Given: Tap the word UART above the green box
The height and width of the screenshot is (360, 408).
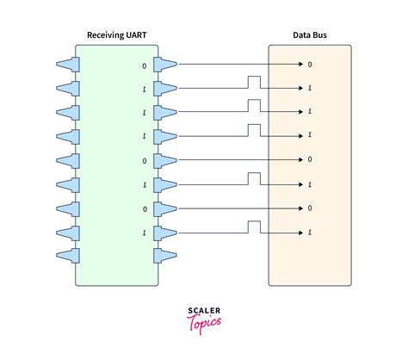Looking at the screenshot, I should coord(139,35).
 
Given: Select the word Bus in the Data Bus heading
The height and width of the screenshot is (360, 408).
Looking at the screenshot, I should coord(320,35).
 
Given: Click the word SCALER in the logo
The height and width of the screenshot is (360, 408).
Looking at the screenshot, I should coord(203,310).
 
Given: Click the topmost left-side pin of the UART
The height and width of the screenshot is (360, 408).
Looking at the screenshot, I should coord(68,63).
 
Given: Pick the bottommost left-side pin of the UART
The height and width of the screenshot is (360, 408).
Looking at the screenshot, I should coord(68,256).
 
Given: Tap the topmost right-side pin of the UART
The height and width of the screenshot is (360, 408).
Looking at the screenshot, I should coord(166,63).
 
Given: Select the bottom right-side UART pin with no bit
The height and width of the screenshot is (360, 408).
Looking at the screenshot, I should coord(166,256).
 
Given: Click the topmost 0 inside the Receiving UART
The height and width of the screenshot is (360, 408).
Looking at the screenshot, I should coord(144,64).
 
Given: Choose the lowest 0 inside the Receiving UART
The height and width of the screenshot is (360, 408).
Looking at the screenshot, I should coord(144,208).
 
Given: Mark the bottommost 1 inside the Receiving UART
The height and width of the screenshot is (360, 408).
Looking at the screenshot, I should coord(144,233).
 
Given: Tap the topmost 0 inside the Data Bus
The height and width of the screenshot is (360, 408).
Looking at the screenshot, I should coord(310,64).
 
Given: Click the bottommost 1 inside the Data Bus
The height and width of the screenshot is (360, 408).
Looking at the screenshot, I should coord(310,233).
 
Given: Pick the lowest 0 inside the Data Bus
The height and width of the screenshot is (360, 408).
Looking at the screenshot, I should coord(310,208).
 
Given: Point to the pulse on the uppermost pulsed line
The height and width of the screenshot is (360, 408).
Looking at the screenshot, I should coord(254,82).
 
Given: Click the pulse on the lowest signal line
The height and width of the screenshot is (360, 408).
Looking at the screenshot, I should coord(254,227).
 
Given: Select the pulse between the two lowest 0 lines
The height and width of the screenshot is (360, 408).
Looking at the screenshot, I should coord(254,178).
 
